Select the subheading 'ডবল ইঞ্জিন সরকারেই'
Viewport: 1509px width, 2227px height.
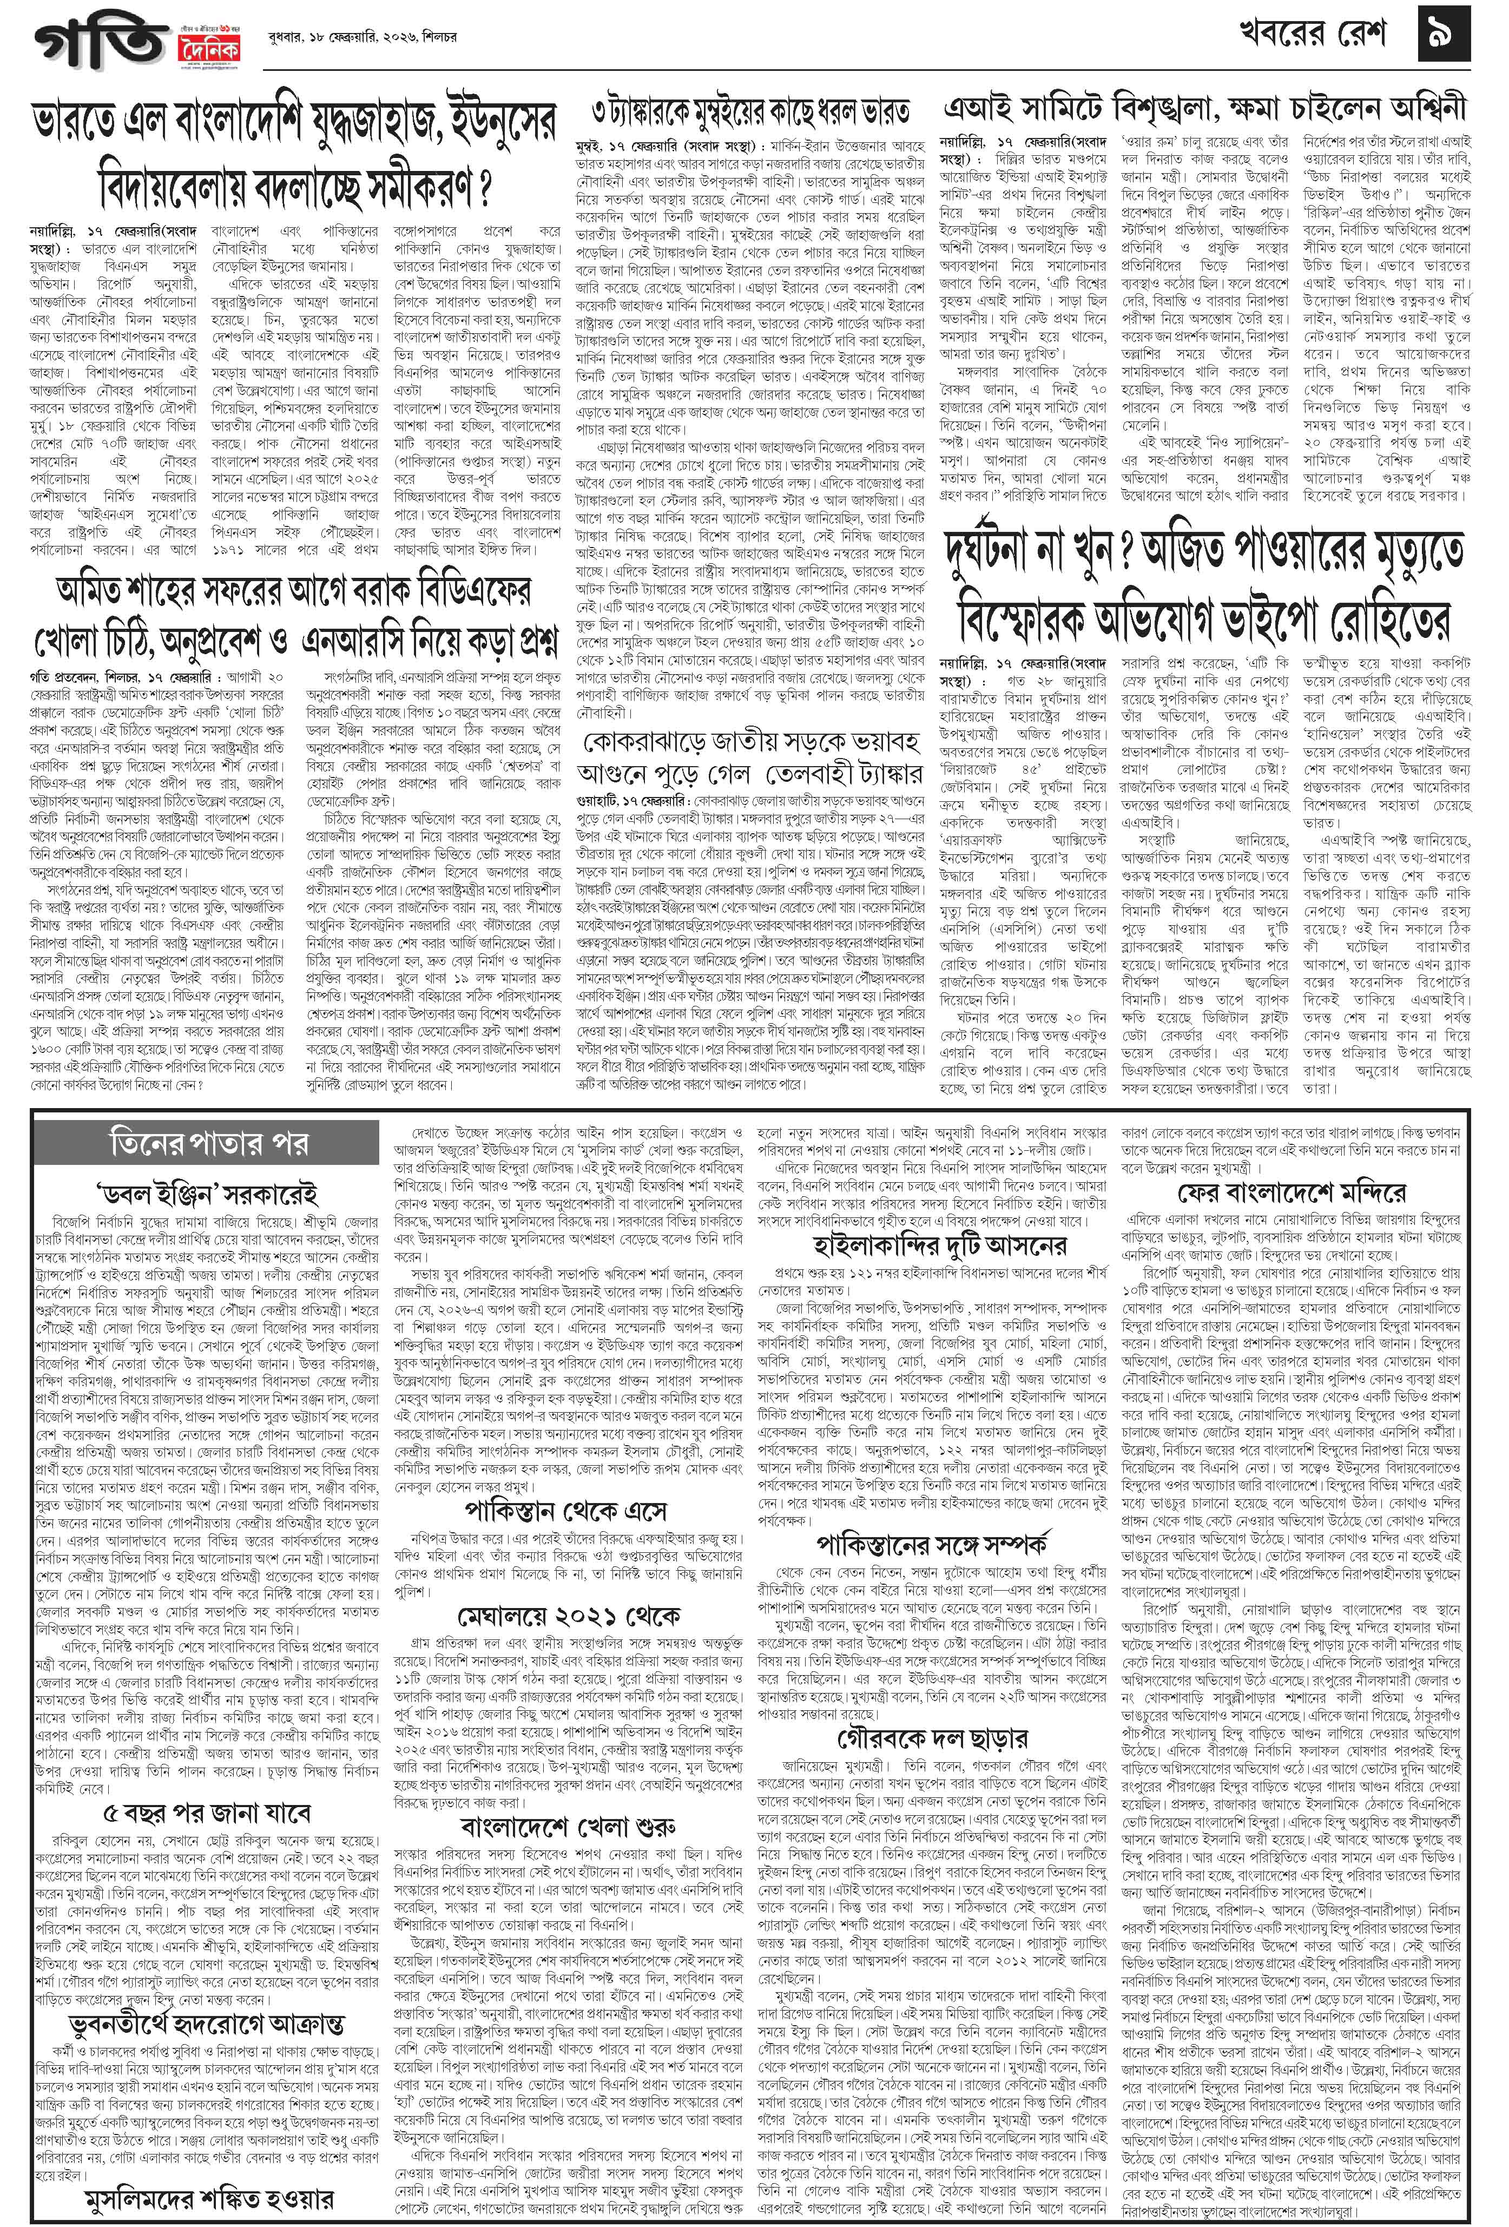[208, 1195]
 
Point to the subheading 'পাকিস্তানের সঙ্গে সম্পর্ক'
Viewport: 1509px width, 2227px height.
[931, 1545]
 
